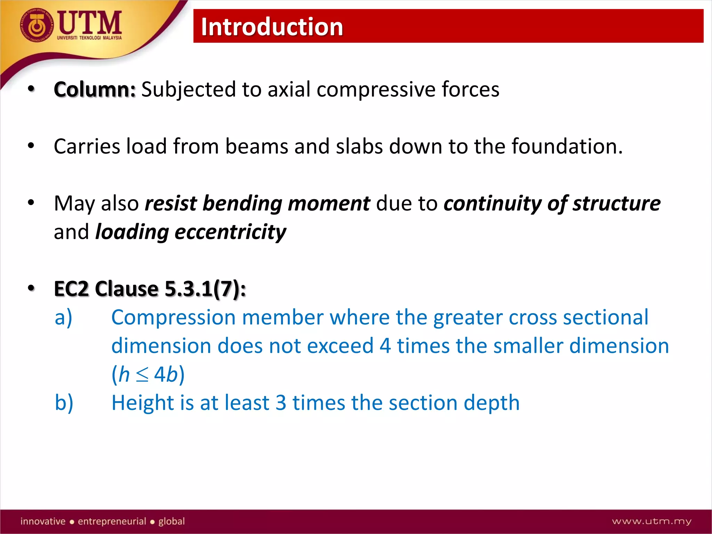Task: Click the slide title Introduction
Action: pyautogui.click(x=272, y=27)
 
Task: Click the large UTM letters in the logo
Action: pyautogui.click(x=90, y=22)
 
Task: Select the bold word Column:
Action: pyautogui.click(x=95, y=89)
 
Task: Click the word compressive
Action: pyautogui.click(x=376, y=90)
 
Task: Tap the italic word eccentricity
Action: pyautogui.click(x=230, y=232)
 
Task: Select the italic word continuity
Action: pyautogui.click(x=492, y=203)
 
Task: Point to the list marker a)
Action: pyautogui.click(x=64, y=317)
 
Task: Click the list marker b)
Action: pyautogui.click(x=64, y=403)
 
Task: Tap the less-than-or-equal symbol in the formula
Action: pyautogui.click(x=142, y=375)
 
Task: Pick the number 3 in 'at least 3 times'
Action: pyautogui.click(x=281, y=403)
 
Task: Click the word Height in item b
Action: pyautogui.click(x=142, y=403)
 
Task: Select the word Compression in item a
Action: pyautogui.click(x=173, y=318)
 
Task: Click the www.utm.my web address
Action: pyautogui.click(x=652, y=521)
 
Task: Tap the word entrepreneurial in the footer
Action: pyautogui.click(x=112, y=521)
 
